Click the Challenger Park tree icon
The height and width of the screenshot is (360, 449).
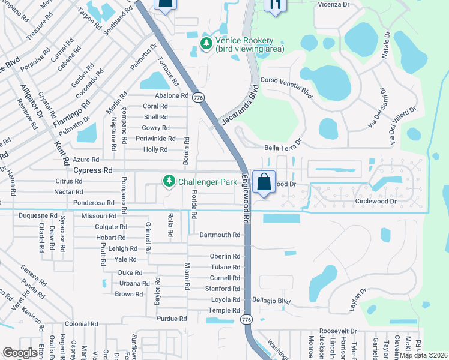pos(170,181)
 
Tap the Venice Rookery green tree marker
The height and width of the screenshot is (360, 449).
pos(206,43)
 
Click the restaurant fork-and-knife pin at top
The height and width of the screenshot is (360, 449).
pos(276,5)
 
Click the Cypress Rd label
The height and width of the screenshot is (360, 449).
pos(93,170)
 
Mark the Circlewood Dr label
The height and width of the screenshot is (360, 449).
pos(376,202)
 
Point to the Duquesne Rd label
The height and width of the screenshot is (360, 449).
pos(37,215)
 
